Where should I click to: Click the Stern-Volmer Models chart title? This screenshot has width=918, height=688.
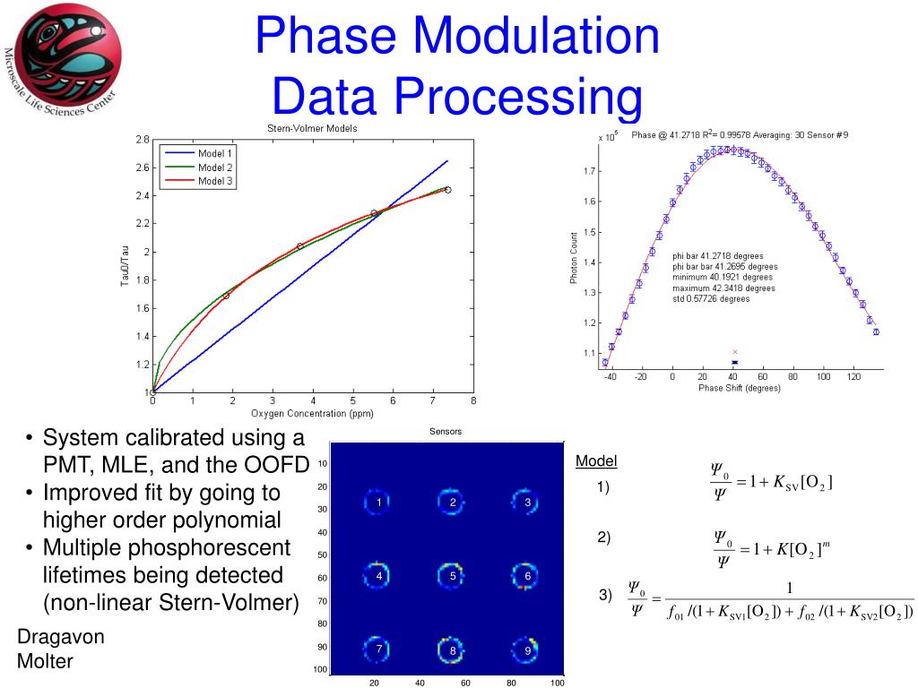pos(312,129)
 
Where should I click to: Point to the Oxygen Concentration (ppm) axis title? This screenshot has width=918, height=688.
pos(312,413)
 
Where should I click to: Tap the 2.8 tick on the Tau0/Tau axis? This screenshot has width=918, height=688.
pos(143,140)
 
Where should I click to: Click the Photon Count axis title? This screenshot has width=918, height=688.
pos(575,258)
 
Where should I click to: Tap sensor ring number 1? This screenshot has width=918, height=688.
pos(379,503)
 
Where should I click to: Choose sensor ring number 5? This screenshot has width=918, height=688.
pos(454,576)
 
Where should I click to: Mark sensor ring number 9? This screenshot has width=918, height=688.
pos(528,649)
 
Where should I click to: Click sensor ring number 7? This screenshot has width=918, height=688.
pos(379,649)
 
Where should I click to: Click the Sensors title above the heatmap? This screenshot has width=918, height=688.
pos(446,432)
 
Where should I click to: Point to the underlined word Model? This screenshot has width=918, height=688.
pos(596,461)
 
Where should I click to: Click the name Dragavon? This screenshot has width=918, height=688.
pos(61,637)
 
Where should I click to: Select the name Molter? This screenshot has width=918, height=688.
pos(45,662)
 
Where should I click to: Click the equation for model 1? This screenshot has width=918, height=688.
pos(771,483)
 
